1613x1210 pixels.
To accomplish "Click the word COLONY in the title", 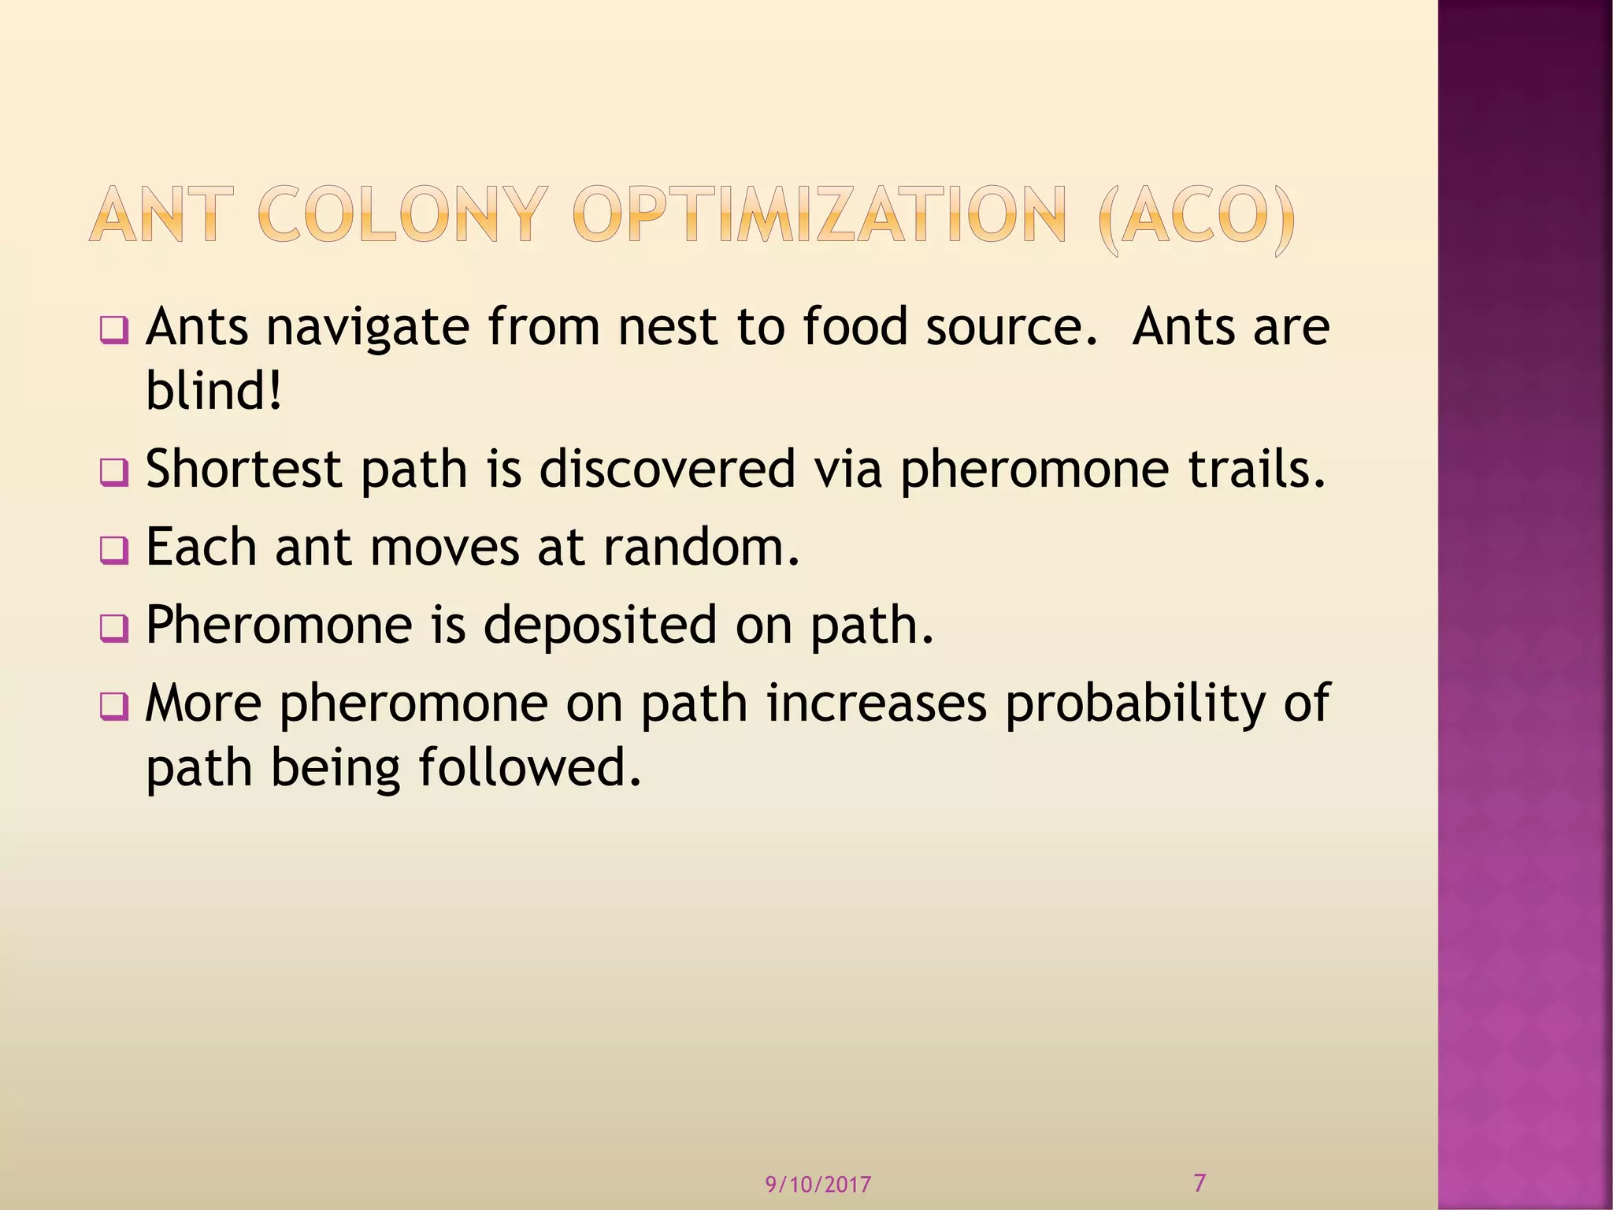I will (401, 214).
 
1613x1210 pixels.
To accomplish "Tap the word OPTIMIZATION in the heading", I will (819, 214).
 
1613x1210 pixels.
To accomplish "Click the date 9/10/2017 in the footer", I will (818, 1184).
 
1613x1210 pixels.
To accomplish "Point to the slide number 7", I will (1200, 1182).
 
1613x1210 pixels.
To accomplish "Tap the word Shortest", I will (244, 469).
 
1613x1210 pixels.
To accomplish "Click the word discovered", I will (667, 469).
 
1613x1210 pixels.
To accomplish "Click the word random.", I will (701, 547).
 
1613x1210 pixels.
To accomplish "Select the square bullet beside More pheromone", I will (113, 707).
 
